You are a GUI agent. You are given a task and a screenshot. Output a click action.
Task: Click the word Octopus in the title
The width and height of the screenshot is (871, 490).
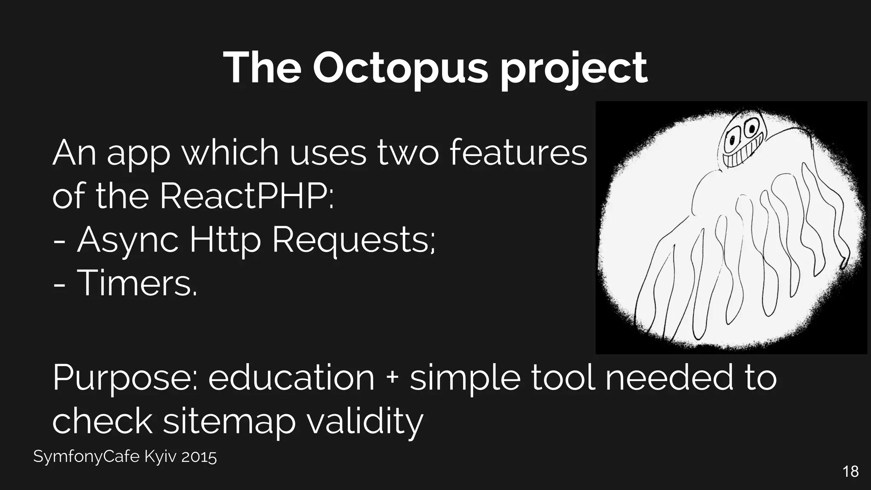point(400,68)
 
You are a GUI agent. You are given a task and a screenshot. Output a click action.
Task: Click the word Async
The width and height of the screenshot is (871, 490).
point(128,241)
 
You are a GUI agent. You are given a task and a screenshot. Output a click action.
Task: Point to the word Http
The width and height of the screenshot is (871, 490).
point(225,241)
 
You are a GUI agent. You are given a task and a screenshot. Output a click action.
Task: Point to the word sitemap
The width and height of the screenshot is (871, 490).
point(229,422)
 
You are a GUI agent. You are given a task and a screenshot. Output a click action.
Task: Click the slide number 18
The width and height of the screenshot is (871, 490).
point(850,472)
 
